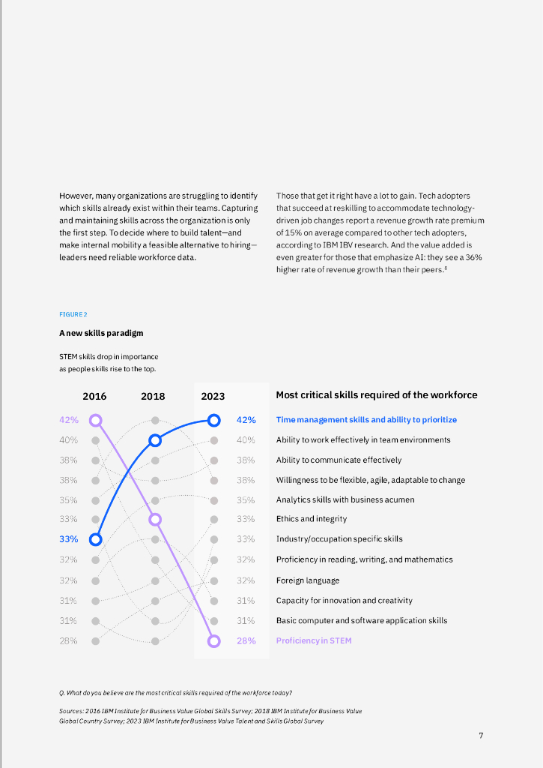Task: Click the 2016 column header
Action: pyautogui.click(x=94, y=396)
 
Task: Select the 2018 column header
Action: pyautogui.click(x=153, y=396)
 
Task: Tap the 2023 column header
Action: pyautogui.click(x=213, y=396)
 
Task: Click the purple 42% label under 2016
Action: pyautogui.click(x=68, y=420)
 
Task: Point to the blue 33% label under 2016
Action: pyautogui.click(x=68, y=539)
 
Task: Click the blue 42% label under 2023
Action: pyautogui.click(x=246, y=420)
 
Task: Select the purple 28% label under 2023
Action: pyautogui.click(x=246, y=641)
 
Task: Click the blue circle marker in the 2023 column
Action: pyautogui.click(x=214, y=420)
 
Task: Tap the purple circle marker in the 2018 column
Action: pyautogui.click(x=155, y=519)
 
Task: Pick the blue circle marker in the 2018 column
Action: pyautogui.click(x=155, y=440)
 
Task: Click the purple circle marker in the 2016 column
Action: pyautogui.click(x=95, y=420)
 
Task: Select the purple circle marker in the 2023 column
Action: pyautogui.click(x=214, y=641)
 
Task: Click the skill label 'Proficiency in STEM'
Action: pyautogui.click(x=314, y=641)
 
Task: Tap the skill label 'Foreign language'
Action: pyautogui.click(x=308, y=580)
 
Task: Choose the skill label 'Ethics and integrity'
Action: pyautogui.click(x=312, y=519)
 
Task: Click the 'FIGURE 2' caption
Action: pyautogui.click(x=73, y=314)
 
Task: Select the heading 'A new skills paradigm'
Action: pyautogui.click(x=101, y=333)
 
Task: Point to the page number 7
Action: pyautogui.click(x=481, y=735)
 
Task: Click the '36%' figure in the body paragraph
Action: pyautogui.click(x=473, y=257)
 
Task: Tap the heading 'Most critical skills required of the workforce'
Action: pyautogui.click(x=376, y=395)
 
